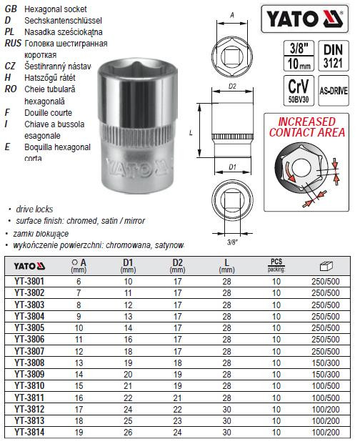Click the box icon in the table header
point(322,265)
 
